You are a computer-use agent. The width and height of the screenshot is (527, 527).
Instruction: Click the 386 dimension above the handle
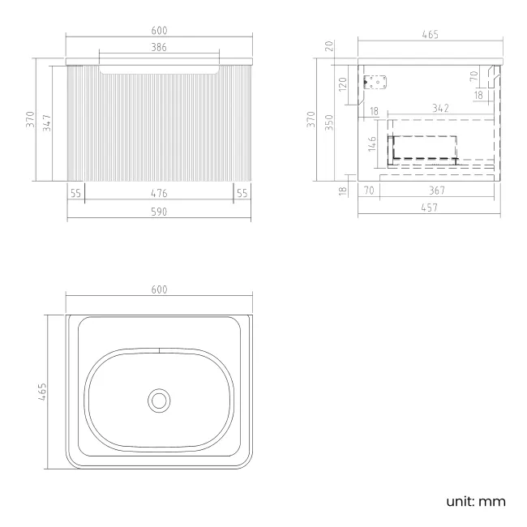pos(159,47)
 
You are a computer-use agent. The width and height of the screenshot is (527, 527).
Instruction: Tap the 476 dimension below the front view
pos(159,193)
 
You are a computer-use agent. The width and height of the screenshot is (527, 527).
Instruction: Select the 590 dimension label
pos(159,212)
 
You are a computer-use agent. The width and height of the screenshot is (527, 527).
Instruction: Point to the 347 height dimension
pos(47,123)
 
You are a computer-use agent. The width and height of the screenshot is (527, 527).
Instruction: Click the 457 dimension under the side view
pos(430,208)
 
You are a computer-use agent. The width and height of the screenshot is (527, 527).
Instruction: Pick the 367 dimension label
pos(437,191)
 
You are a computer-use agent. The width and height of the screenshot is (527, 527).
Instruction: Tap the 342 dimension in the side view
pos(440,108)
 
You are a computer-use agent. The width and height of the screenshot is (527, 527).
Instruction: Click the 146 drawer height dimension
pos(372,144)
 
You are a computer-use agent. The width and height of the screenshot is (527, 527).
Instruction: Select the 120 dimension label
pos(342,84)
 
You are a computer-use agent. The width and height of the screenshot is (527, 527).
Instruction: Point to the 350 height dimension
pos(329,122)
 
